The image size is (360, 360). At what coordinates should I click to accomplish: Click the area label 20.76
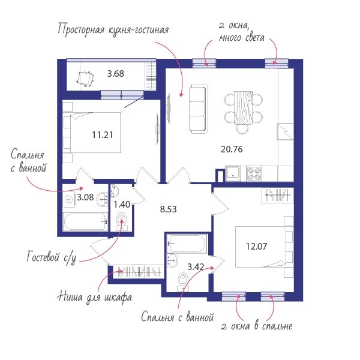[x=232, y=149]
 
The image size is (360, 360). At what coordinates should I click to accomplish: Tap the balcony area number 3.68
[x=116, y=74]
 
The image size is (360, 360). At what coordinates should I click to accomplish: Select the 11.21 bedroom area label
[x=103, y=135]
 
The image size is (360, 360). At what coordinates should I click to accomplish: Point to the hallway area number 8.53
[x=168, y=209]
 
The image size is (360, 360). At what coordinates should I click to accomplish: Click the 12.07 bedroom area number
[x=256, y=247]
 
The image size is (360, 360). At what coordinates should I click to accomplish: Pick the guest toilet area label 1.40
[x=122, y=205]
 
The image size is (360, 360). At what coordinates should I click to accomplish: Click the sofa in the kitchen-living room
[x=198, y=109]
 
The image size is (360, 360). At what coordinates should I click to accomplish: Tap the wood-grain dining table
[x=244, y=107]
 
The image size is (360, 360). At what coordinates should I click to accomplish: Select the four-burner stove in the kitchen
[x=254, y=174]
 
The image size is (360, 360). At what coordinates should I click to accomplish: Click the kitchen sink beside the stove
[x=233, y=173]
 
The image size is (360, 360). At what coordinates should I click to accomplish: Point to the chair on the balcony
[x=85, y=79]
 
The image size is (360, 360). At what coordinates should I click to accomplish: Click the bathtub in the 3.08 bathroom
[x=85, y=221]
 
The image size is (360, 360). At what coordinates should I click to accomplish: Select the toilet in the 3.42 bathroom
[x=183, y=281]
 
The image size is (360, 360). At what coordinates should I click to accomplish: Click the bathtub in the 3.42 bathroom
[x=187, y=244]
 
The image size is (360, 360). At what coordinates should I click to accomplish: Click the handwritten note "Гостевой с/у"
[x=52, y=257]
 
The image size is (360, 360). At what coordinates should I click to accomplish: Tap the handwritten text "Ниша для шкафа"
[x=95, y=297]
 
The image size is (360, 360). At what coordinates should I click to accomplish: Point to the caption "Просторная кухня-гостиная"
[x=113, y=29]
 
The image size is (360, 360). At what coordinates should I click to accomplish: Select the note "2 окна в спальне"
[x=257, y=326]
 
